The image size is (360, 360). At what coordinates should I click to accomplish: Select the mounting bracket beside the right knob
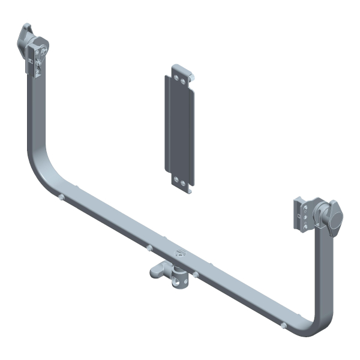point(302,213)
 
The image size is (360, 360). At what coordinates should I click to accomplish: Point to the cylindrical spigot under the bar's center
point(178,278)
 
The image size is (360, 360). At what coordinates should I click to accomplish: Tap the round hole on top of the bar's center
point(178,254)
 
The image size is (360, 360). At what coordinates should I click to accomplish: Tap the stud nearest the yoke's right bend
point(282,326)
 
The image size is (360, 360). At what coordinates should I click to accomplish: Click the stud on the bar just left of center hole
point(148,246)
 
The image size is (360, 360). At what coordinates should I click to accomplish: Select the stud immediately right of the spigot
point(196,274)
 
